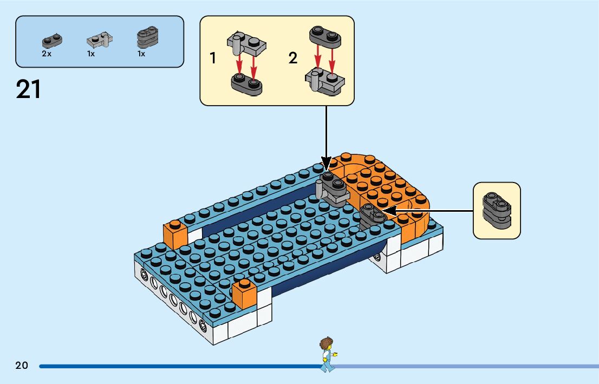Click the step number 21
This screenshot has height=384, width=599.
point(29,89)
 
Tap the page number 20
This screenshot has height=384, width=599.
point(22,366)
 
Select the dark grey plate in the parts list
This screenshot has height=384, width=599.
point(52,41)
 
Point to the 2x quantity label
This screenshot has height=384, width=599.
point(47,54)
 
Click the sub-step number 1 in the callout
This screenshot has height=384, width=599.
point(213,58)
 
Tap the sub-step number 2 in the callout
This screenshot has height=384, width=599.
point(293,58)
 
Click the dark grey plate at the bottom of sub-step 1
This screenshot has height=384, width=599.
point(247,83)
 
